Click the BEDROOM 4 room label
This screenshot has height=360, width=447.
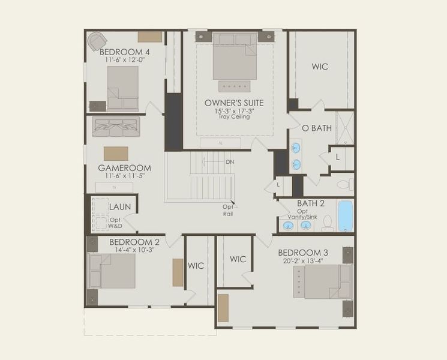tap(125, 52)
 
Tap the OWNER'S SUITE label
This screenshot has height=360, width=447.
tap(233, 103)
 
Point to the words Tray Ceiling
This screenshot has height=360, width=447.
tap(233, 116)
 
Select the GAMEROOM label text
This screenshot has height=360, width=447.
tap(124, 168)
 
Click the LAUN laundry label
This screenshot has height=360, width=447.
tap(119, 207)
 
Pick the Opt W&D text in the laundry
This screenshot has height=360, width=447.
tap(115, 223)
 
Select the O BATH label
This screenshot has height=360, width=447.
tap(316, 128)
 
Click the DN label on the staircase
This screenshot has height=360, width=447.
tap(230, 163)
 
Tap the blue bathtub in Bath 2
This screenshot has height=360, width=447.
tap(345, 216)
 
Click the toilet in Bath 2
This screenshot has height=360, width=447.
tap(328, 223)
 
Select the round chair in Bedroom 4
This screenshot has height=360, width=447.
tap(97, 41)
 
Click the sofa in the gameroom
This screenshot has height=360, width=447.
tap(116, 127)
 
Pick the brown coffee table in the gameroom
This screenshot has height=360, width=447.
tap(116, 152)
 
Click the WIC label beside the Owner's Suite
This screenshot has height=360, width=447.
tap(320, 67)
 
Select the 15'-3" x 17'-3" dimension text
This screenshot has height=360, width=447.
tap(233, 110)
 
